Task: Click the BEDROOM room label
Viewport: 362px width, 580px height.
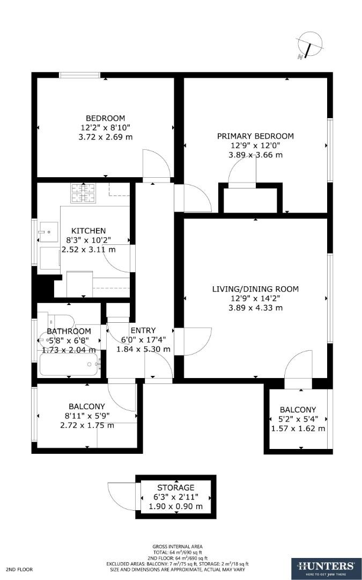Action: click(106, 118)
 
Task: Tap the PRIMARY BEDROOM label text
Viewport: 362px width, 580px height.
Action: click(255, 136)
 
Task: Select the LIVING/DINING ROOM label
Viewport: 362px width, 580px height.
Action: click(255, 289)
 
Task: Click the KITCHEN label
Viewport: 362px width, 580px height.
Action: click(88, 231)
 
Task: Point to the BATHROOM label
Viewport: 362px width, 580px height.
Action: click(69, 331)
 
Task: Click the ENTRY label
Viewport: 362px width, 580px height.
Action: click(143, 330)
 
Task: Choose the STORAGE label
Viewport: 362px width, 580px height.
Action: click(175, 488)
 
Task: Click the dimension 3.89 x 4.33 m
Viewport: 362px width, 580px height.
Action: click(255, 308)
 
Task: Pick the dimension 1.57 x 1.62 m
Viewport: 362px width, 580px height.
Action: click(298, 429)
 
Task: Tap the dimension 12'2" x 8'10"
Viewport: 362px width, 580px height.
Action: click(106, 128)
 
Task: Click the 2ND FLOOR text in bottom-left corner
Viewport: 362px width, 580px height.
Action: click(20, 568)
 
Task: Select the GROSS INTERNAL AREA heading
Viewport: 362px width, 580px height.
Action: click(177, 547)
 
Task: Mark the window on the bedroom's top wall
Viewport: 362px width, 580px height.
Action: click(79, 75)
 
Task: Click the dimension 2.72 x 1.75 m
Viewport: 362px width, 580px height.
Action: click(87, 425)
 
